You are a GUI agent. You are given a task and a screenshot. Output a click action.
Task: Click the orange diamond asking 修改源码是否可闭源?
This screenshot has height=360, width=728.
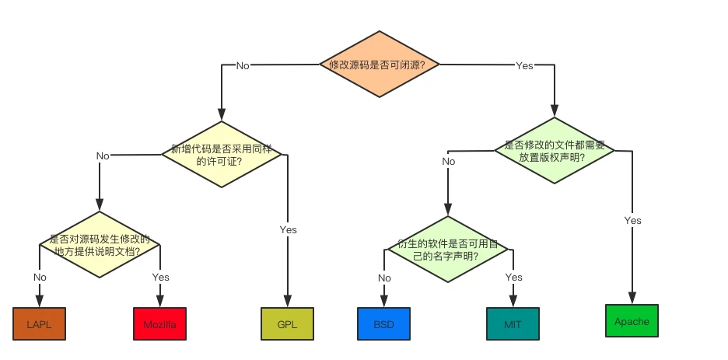pos(380,65)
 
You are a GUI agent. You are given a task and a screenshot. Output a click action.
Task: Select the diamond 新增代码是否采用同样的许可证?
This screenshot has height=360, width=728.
pos(222,154)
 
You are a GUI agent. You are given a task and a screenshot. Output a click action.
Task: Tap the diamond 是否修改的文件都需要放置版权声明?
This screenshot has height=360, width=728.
pos(555,150)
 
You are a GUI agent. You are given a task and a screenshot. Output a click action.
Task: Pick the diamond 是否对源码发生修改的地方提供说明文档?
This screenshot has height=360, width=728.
pos(99,245)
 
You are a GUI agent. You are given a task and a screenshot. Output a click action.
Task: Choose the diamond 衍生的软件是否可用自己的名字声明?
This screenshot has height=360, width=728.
pos(447,249)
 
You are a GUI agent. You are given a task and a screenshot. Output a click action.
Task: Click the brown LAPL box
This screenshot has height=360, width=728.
pos(39,323)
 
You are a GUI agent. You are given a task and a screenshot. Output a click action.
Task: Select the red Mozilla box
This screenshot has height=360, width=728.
pos(159,323)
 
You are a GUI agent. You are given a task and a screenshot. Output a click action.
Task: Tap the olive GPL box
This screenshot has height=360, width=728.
pos(288,323)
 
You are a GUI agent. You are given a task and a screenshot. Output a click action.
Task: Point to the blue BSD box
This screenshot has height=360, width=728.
pos(383,323)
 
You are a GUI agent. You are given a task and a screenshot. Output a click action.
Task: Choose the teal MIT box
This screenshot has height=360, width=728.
pos(513,323)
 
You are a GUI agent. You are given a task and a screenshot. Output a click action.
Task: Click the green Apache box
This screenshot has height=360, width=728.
pos(632,320)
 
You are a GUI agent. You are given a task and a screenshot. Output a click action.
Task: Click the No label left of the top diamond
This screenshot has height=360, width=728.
pos(243,66)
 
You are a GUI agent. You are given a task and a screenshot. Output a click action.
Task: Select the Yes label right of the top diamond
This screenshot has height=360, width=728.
pos(525,66)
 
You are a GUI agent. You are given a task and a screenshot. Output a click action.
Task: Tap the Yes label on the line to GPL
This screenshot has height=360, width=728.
pos(288,229)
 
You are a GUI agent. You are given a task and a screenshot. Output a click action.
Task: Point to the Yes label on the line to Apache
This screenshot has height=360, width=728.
pos(632,220)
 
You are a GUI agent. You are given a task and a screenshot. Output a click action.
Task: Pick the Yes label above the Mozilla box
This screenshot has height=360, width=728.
pos(160,277)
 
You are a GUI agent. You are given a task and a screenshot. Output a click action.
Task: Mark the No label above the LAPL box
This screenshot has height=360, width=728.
pos(40,277)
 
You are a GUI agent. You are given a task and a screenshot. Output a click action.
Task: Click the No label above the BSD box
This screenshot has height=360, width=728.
pos(384,278)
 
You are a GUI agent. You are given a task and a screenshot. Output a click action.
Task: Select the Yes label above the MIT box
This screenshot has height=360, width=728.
pos(513,278)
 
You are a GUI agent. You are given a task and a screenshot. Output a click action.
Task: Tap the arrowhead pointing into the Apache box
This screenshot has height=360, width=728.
pos(632,298)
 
